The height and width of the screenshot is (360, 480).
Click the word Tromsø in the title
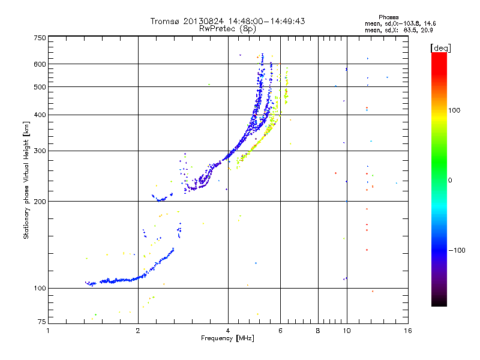(165, 21)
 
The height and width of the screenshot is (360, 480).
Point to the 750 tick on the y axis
(40, 38)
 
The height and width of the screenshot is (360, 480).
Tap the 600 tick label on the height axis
(40, 64)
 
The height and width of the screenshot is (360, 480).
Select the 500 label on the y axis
(40, 87)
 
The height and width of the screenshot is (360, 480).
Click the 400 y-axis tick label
(40, 115)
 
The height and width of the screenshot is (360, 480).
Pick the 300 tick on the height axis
(40, 151)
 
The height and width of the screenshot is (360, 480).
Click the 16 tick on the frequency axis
(407, 331)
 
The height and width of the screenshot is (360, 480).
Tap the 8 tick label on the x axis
(318, 331)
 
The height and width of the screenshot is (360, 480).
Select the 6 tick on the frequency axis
(280, 331)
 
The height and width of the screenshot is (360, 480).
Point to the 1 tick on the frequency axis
(48, 331)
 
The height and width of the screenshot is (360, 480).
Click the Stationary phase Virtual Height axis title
(26, 180)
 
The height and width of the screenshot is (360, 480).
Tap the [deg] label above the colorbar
(441, 47)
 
